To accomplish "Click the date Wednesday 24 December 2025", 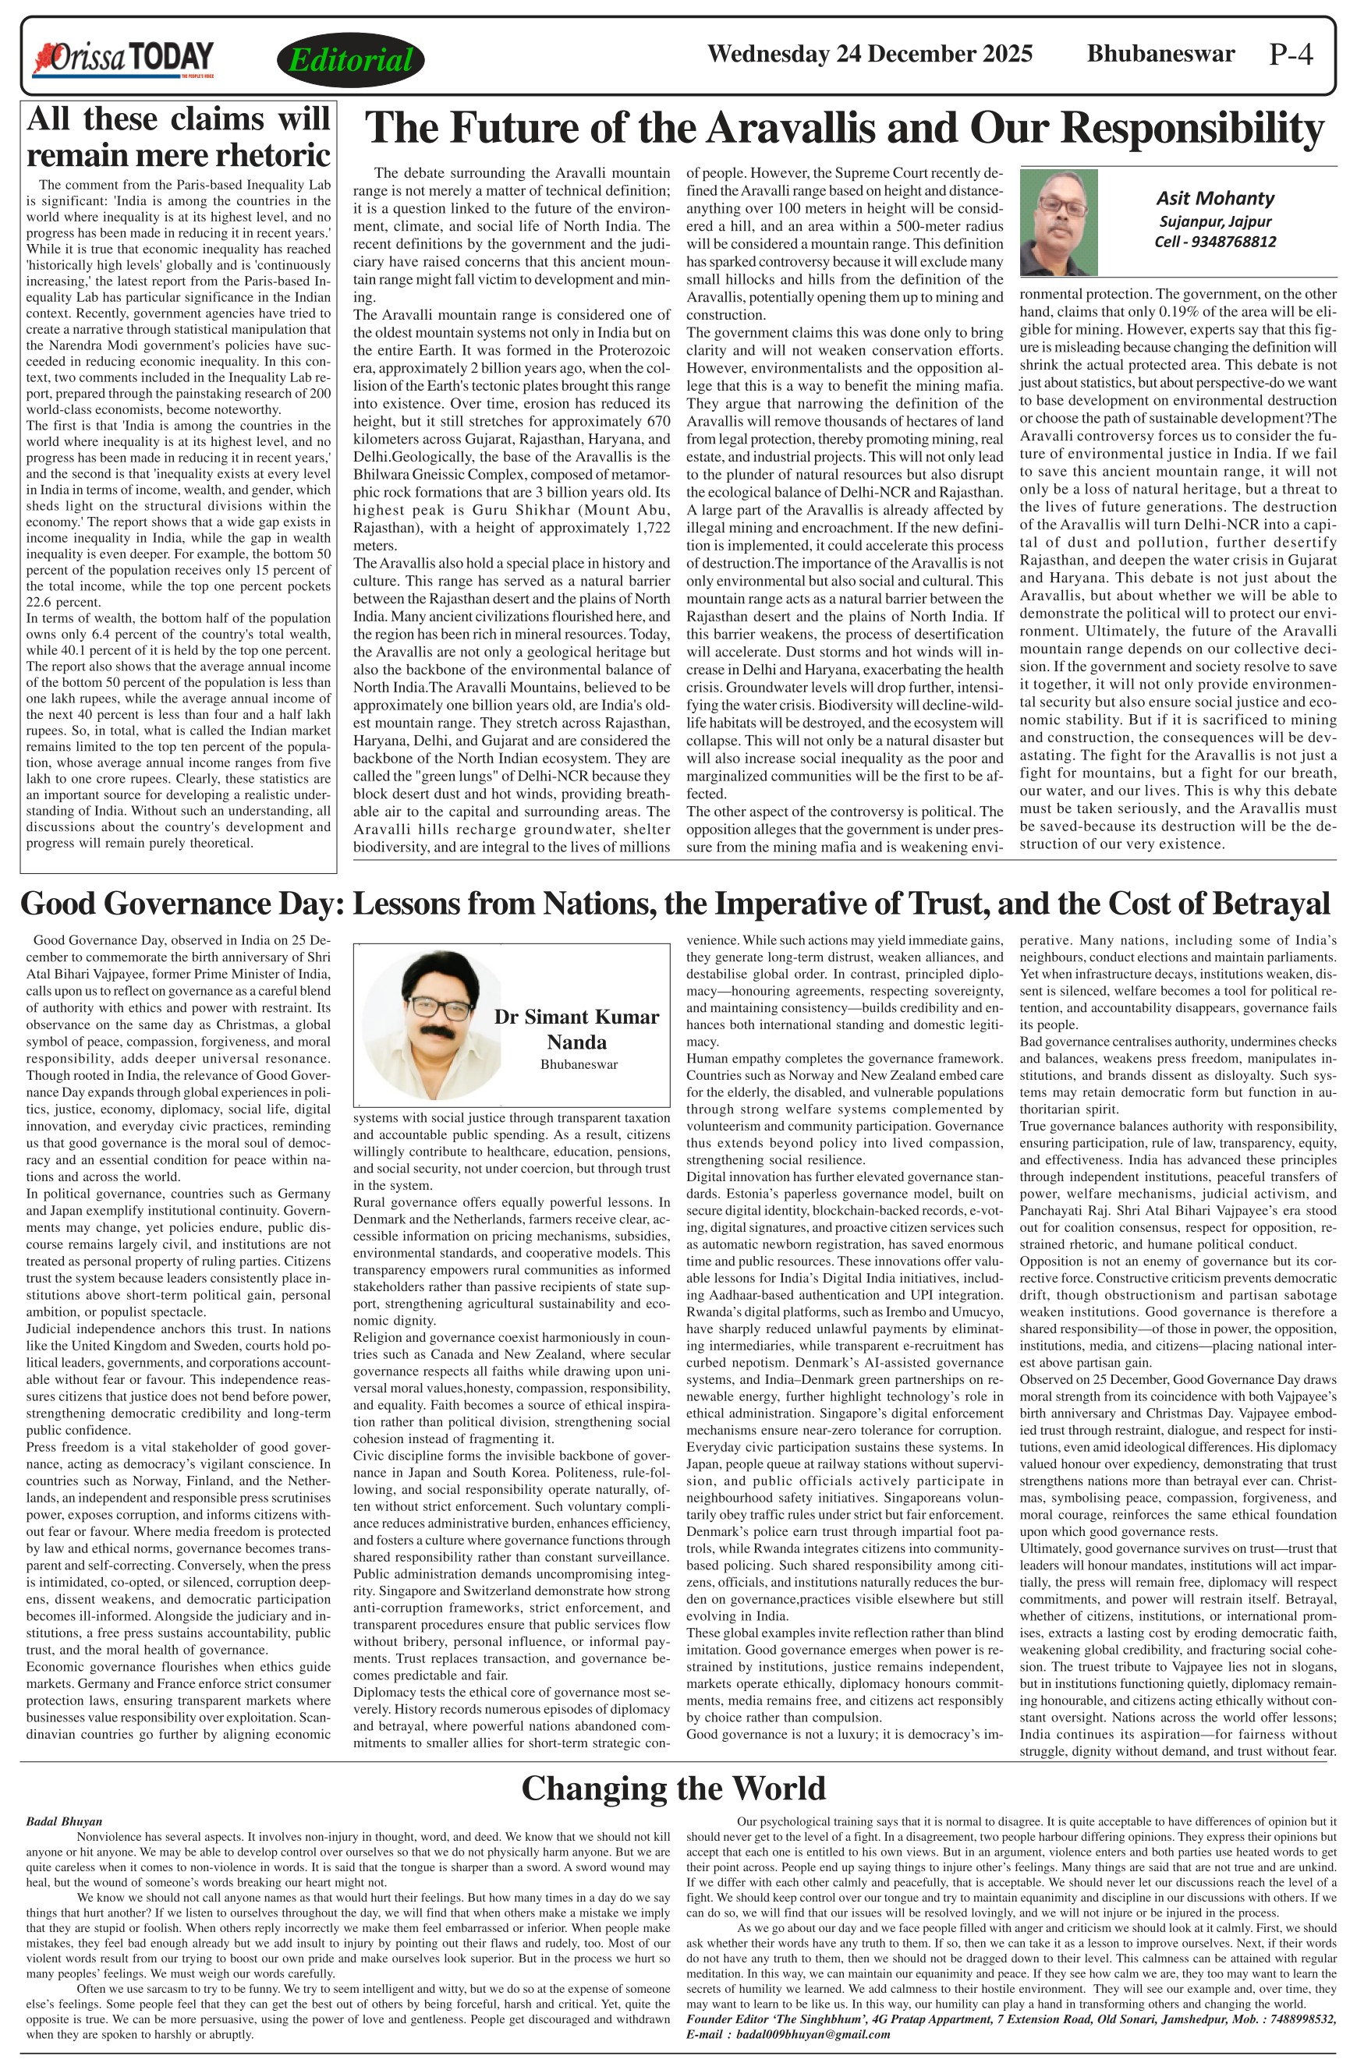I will coord(870,55).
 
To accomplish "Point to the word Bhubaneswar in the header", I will coord(1160,54).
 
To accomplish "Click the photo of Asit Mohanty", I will coord(1058,221).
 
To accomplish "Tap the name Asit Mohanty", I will coord(1214,198).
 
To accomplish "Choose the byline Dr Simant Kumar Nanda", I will coord(577,1029).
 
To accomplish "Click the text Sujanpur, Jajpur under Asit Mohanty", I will coord(1214,221).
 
